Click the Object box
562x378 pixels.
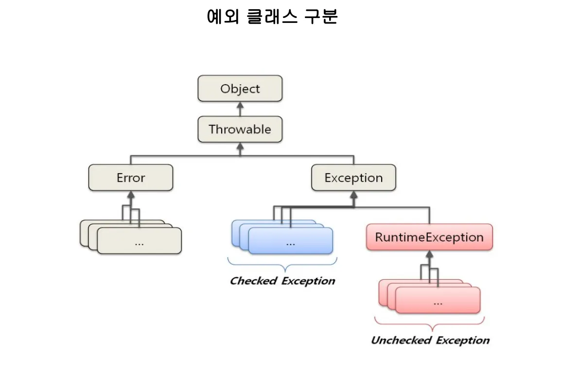(x=240, y=88)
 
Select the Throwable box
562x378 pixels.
(x=240, y=129)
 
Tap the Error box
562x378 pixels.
(x=131, y=178)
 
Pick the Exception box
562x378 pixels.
(x=354, y=178)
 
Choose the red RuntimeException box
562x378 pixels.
(x=429, y=237)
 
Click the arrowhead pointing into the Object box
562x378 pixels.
(x=240, y=105)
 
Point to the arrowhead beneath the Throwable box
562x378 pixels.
(x=240, y=146)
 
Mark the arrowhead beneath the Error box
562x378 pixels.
(x=131, y=194)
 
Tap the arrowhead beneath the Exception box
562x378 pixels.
(x=354, y=194)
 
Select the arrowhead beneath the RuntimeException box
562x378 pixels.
(x=429, y=255)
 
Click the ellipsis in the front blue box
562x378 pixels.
(x=290, y=244)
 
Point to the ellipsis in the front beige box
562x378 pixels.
(x=139, y=244)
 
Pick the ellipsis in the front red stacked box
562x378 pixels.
(x=438, y=304)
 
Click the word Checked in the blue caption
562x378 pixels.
(x=253, y=280)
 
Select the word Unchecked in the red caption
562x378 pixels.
(x=401, y=340)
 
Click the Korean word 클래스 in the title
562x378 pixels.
(x=272, y=17)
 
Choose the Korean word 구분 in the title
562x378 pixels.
(x=321, y=17)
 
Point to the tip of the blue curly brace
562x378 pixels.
(x=284, y=271)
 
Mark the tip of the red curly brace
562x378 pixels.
(x=433, y=330)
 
